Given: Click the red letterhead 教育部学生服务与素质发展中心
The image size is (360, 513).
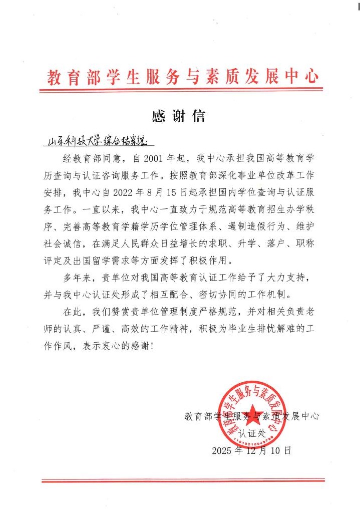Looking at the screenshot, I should [x=183, y=78].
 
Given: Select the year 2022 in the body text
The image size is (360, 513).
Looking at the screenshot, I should [x=132, y=191].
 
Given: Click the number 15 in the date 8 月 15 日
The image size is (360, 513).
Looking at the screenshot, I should [x=183, y=191].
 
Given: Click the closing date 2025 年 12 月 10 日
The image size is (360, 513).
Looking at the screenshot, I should [x=251, y=450].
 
